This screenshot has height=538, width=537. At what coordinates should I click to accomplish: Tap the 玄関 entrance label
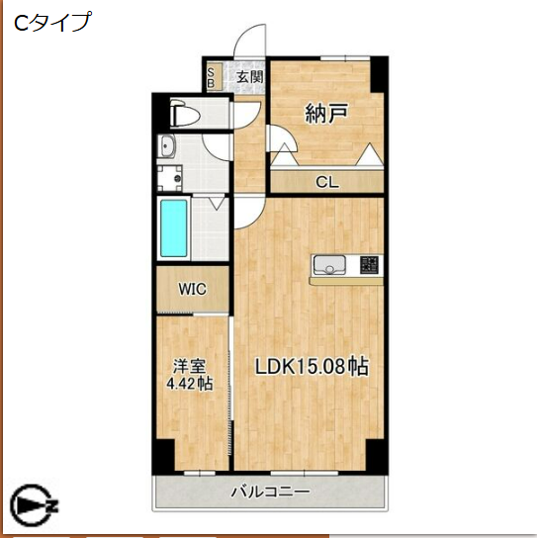click(x=249, y=75)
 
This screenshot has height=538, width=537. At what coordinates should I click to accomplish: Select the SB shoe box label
click(x=213, y=76)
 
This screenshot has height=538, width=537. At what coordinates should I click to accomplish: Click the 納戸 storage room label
click(x=325, y=112)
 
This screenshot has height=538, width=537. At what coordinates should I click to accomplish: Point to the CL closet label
click(x=325, y=181)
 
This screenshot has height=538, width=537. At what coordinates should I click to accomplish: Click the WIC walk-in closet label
click(x=193, y=289)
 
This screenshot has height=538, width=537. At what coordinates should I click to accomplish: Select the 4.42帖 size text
click(x=189, y=384)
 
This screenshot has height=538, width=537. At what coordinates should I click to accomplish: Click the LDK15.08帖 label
click(x=312, y=366)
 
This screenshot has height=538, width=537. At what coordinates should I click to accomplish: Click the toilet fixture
click(x=185, y=115)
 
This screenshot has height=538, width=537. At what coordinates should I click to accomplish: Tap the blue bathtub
click(x=175, y=228)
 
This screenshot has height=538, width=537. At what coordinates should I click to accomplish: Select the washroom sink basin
click(x=167, y=149)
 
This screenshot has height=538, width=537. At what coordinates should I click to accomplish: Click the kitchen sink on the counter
click(x=329, y=265)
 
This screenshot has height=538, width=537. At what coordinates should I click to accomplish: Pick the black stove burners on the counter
click(x=369, y=265)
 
